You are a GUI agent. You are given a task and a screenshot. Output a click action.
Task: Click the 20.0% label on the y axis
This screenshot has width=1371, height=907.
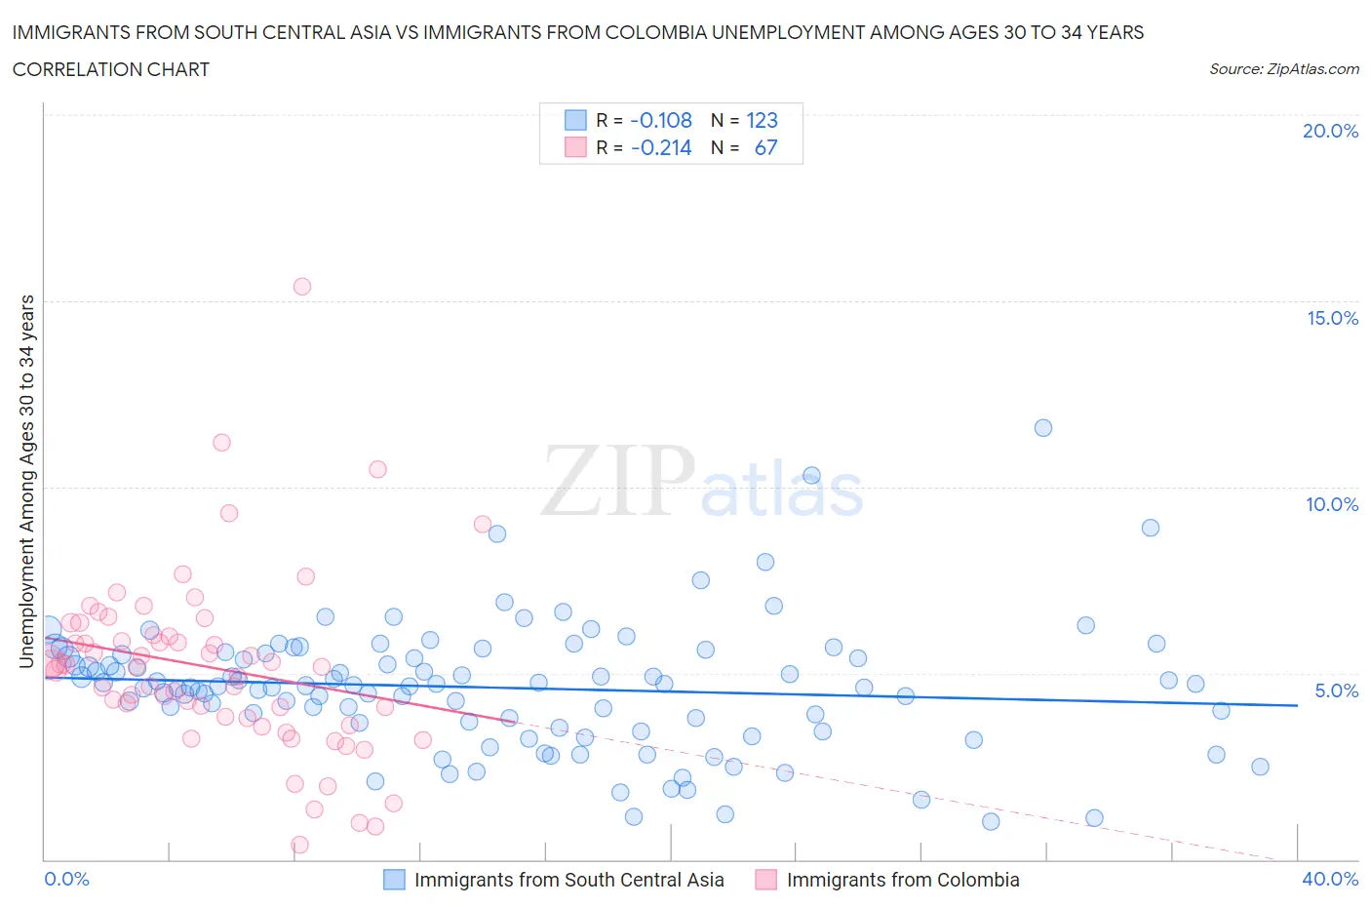pos(1330,131)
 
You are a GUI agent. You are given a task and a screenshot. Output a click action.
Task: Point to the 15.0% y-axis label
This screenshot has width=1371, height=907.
pos(1332,318)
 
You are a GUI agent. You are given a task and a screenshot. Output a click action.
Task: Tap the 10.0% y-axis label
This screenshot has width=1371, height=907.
pos(1332,504)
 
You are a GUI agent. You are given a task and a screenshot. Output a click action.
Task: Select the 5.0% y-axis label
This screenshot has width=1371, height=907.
pos(1336,690)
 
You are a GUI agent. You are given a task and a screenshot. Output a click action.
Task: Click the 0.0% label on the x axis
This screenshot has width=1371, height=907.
pos(66,879)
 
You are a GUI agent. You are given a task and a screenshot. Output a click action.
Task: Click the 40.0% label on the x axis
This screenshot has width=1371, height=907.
pos(1330,879)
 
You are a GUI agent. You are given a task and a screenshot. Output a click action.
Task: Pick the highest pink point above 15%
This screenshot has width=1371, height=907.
pos(302,287)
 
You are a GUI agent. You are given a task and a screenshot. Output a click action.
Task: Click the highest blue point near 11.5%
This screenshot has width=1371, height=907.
pos(1043,428)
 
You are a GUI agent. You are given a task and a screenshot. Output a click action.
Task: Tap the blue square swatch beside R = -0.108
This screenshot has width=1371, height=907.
pos(575,120)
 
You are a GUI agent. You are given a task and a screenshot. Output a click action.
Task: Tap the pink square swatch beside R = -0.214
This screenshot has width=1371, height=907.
pos(575,147)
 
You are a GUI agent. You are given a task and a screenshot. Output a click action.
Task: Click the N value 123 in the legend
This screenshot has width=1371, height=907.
pos(762,120)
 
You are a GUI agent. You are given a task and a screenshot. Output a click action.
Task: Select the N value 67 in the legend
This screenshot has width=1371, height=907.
pos(765,147)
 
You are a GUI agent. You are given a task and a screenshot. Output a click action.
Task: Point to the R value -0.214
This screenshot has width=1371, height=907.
pos(661,147)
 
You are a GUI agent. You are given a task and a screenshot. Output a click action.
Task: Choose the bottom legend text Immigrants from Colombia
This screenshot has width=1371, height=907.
pos(902,880)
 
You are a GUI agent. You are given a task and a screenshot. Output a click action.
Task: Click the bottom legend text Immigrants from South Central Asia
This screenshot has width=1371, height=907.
pos(568,880)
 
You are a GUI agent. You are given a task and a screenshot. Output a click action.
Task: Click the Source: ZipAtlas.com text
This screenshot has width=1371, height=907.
pos(1283,69)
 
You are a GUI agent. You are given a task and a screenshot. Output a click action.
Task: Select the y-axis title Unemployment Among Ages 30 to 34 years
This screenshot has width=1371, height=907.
pos(26,482)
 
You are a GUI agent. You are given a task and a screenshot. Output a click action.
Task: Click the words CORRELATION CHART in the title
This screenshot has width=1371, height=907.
pos(111,69)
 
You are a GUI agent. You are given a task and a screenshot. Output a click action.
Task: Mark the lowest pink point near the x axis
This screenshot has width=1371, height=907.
pos(300,845)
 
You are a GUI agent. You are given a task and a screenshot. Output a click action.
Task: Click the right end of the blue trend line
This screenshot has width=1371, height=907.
pos(1297,705)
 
